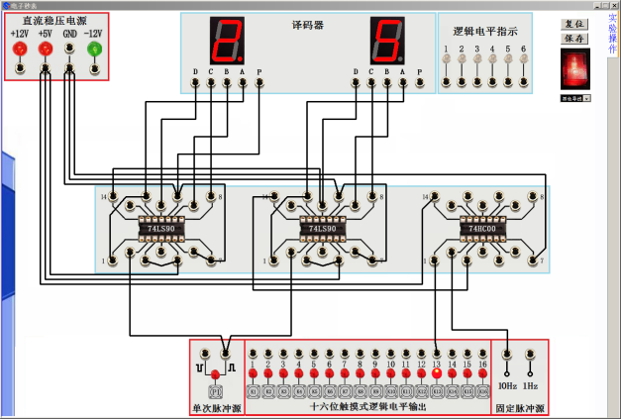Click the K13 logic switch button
pyautogui.click(x=437, y=391)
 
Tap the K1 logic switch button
pyautogui.click(x=253, y=391)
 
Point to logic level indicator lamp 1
pyautogui.click(x=447, y=61)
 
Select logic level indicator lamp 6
pyautogui.click(x=523, y=61)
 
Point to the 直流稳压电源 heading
pyautogui.click(x=55, y=20)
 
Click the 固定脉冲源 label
pyautogui.click(x=519, y=407)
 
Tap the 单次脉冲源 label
pyautogui.click(x=216, y=407)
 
